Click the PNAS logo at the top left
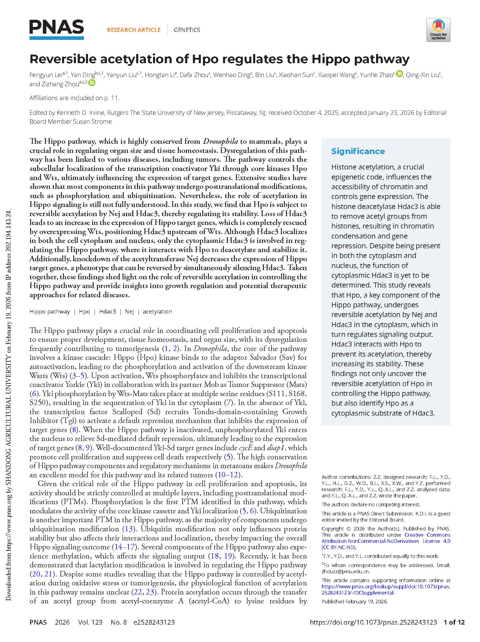pos(56,29)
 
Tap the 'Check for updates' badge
pos(438,30)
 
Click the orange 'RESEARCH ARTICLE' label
pos(134,30)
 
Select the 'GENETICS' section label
pos(187,30)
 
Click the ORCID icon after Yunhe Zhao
pos(399,74)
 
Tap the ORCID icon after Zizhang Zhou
pos(92,83)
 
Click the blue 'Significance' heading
pos(358,151)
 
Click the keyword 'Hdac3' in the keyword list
pos(108,311)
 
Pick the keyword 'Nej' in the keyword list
pos(129,311)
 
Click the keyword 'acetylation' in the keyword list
pos(157,311)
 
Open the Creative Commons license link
pos(386,541)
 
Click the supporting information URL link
pos(386,589)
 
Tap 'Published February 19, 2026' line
pos(354,601)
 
